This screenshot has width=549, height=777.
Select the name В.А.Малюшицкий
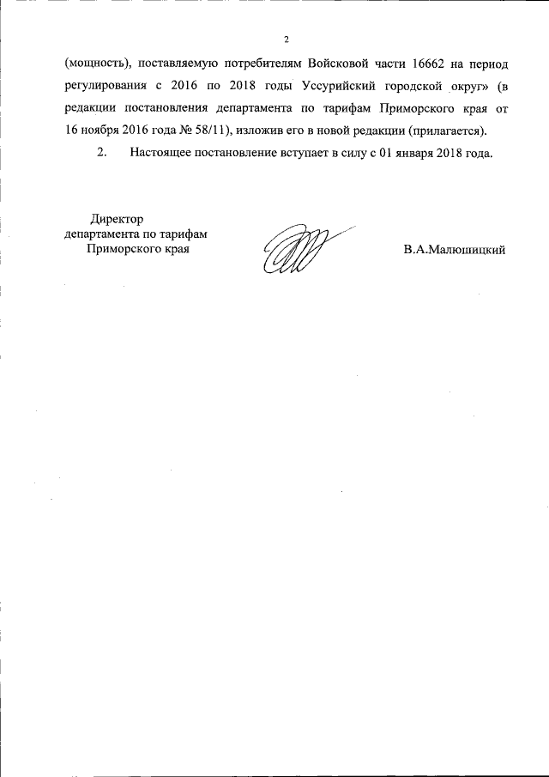455,250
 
